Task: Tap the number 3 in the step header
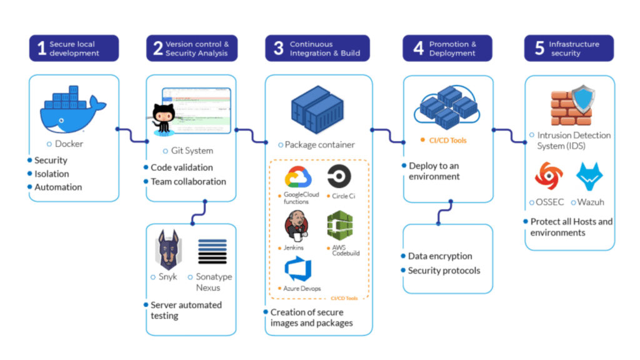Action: coord(279,49)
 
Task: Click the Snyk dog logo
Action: coord(168,250)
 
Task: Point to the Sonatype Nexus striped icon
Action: coord(212,251)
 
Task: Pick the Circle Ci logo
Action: coord(339,177)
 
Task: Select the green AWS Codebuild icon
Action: coord(339,226)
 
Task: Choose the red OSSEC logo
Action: coord(549,176)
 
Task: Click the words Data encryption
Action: coord(440,256)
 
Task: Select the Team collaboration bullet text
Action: coord(188,182)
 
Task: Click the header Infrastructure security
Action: coord(574,49)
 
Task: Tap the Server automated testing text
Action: coord(186,310)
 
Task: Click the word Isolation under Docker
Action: coord(51,174)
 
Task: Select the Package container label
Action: coord(319,145)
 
